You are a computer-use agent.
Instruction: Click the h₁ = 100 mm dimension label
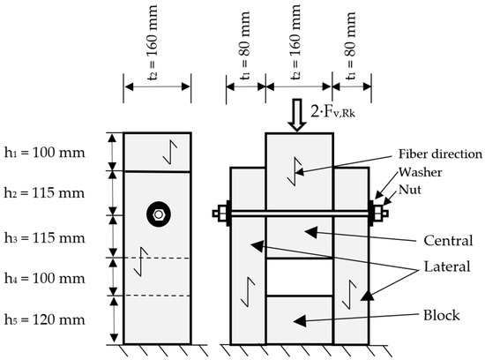pyautogui.click(x=42, y=152)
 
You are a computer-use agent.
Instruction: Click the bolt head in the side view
pyautogui.click(x=157, y=214)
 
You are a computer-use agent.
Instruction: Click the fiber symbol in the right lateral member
pyautogui.click(x=350, y=292)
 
